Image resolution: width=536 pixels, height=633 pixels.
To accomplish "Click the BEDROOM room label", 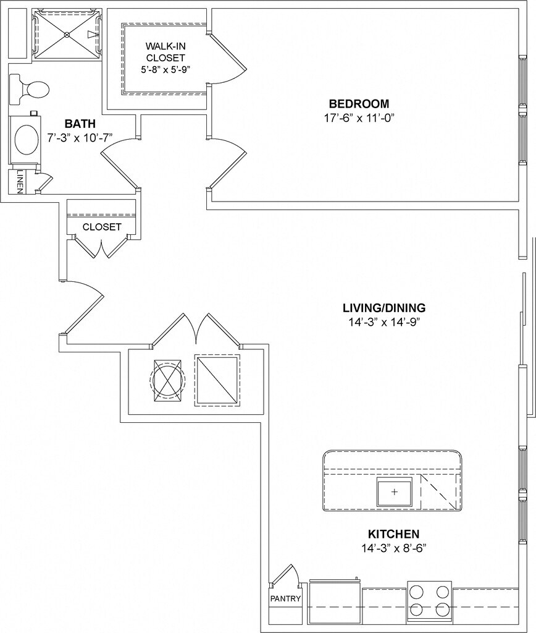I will click(358, 104).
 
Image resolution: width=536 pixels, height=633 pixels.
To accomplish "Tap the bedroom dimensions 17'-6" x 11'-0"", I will click(359, 117).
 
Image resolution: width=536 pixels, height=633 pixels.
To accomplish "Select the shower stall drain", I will click(67, 35).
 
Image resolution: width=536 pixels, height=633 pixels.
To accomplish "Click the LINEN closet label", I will click(20, 182).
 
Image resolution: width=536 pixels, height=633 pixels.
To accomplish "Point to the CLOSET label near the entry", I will click(102, 227).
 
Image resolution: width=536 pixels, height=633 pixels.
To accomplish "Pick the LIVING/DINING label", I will click(384, 308).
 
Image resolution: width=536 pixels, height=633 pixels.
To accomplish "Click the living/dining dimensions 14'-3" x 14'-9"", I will click(385, 321).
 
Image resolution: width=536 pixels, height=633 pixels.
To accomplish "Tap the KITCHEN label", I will click(393, 534).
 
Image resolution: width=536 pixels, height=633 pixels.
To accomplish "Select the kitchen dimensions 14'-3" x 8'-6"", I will click(393, 548).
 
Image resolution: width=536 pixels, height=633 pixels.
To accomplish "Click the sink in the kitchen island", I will click(394, 491).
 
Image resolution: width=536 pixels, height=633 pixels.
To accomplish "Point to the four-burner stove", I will click(429, 600).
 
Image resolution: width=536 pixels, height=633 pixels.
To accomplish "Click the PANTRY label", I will click(285, 598).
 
